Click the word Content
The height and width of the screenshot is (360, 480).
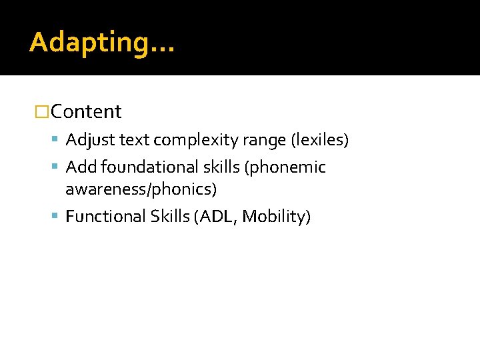(x=86, y=112)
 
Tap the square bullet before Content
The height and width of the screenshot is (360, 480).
(x=42, y=112)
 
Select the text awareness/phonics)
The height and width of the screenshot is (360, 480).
(x=141, y=190)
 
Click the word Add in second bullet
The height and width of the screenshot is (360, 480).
(x=81, y=167)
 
